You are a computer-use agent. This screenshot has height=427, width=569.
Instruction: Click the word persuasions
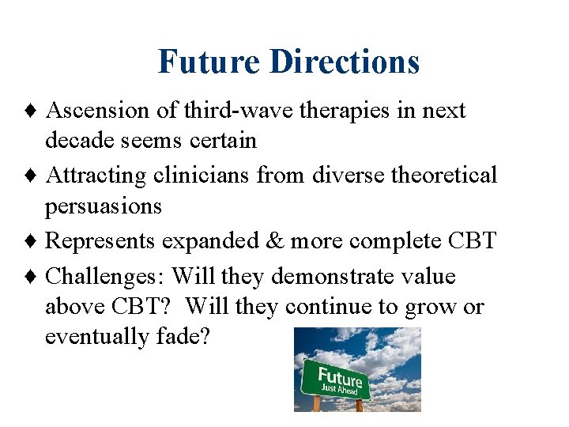click(x=103, y=206)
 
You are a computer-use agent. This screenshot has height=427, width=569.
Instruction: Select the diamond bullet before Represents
click(x=34, y=240)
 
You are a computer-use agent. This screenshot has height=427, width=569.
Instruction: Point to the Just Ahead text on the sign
click(x=339, y=388)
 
